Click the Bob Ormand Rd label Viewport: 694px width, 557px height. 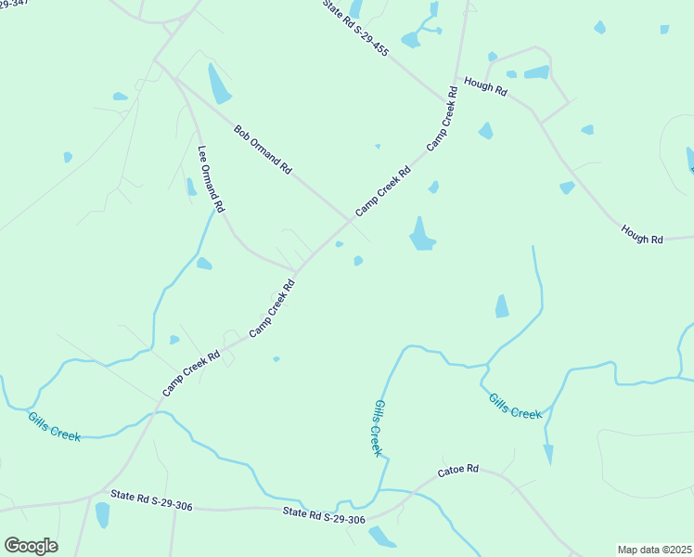pos(263,150)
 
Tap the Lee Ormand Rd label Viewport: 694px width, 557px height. pos(212,179)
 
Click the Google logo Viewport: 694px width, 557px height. pos(31,545)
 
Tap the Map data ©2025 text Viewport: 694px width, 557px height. pos(653,550)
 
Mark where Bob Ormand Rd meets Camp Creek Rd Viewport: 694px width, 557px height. pos(351,220)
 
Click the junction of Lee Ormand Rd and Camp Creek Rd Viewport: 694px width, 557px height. pos(296,271)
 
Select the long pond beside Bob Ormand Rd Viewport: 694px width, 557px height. pos(220,84)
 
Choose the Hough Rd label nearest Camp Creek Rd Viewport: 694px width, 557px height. pos(486,90)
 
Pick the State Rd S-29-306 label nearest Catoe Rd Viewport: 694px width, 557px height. pos(324,516)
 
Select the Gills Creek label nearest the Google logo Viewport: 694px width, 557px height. pos(53,428)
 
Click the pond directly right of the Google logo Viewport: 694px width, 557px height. pos(102,515)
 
